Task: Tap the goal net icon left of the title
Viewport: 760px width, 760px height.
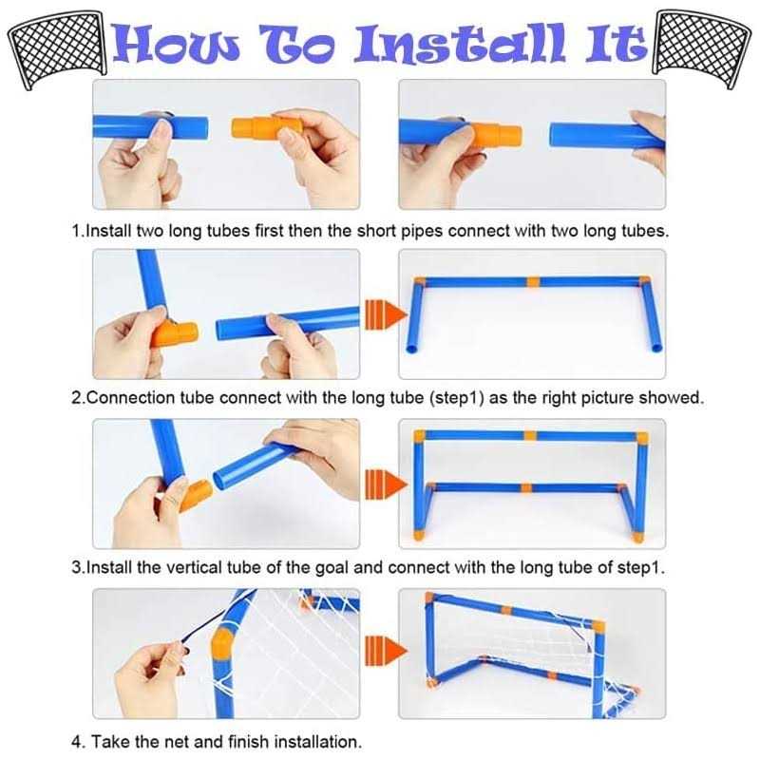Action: (x=57, y=48)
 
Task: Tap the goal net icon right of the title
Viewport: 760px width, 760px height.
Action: (x=703, y=48)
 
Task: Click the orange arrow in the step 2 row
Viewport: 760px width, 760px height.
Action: (x=386, y=315)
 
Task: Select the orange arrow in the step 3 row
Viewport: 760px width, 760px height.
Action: (x=386, y=484)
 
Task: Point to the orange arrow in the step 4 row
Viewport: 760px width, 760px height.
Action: (x=386, y=651)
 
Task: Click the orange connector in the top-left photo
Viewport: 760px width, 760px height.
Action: (x=262, y=128)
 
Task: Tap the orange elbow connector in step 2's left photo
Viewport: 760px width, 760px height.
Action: (x=175, y=334)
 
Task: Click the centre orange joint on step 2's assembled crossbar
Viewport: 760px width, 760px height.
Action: (x=533, y=282)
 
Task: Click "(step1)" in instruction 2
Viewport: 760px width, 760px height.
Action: (x=457, y=398)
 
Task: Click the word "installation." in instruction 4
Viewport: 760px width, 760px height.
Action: (x=318, y=742)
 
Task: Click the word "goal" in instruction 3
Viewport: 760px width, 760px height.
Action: (x=332, y=568)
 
